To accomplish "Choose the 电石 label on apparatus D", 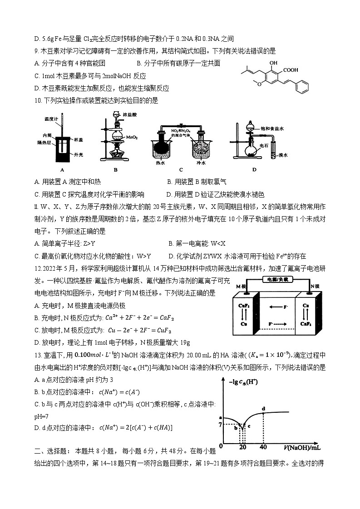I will click(264, 146).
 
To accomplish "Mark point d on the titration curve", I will click(263, 409).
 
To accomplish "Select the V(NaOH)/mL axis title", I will click(303, 448).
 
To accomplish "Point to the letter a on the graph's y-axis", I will click(220, 417).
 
